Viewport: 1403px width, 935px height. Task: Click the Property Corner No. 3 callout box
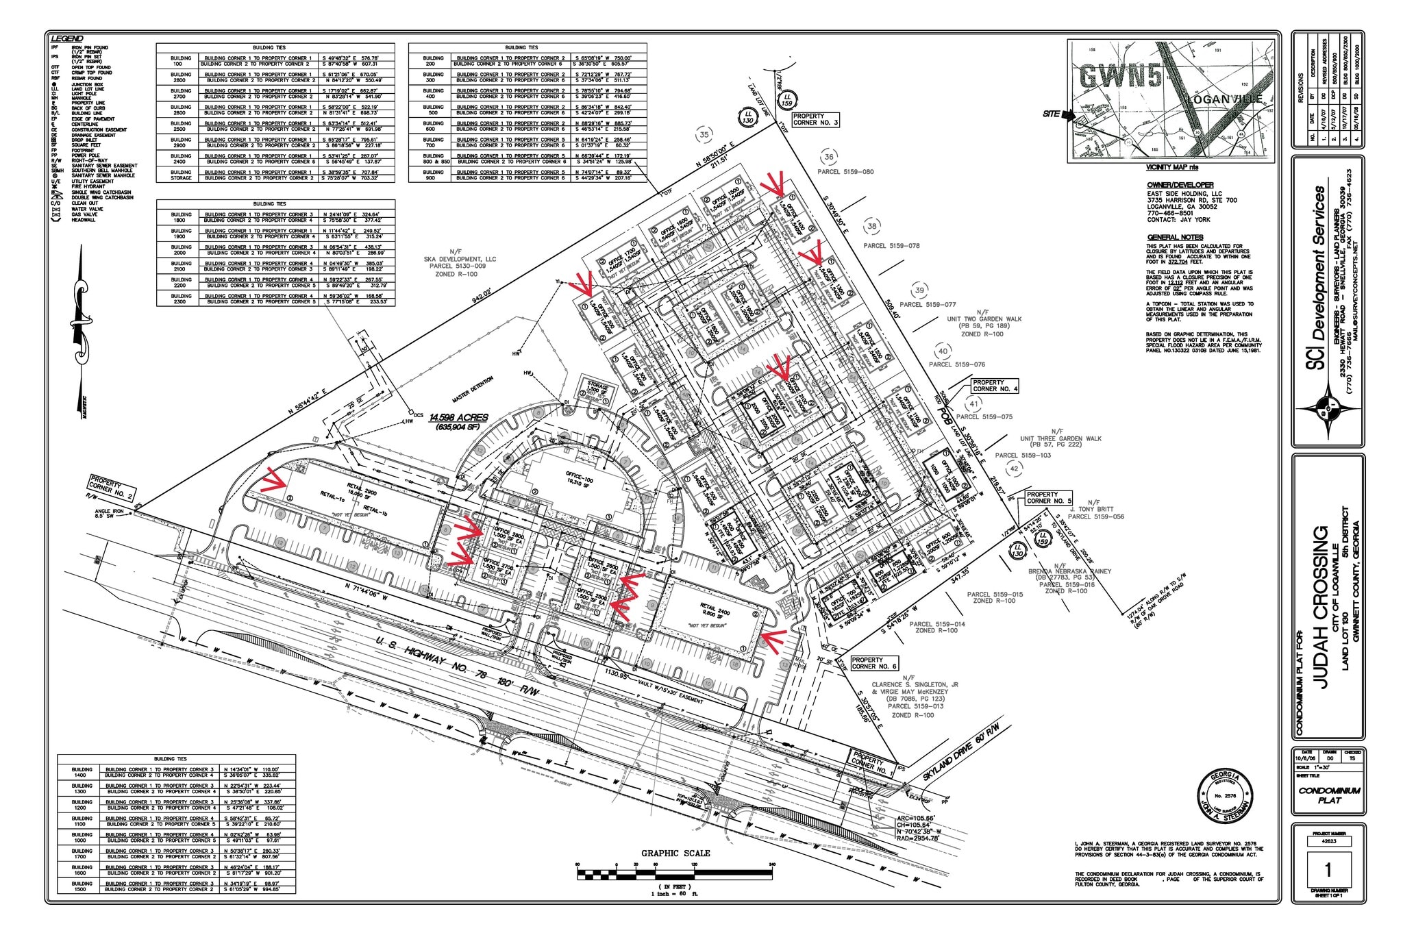(815, 120)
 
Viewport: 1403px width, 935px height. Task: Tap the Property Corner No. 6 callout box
(873, 662)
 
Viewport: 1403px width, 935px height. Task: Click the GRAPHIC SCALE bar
(675, 874)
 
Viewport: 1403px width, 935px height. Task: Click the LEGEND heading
(69, 38)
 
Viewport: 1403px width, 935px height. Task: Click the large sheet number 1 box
(1328, 870)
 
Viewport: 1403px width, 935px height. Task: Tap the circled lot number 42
(1014, 469)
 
